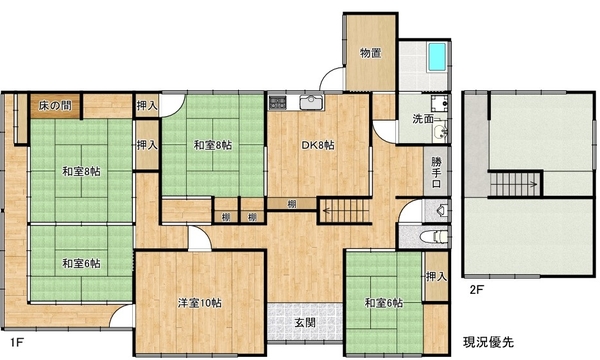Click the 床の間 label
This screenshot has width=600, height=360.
click(55, 106)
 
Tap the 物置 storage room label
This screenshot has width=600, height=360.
click(370, 53)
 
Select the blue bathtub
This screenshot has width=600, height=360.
click(437, 57)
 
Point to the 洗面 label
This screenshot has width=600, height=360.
click(422, 119)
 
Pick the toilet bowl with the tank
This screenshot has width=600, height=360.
click(434, 236)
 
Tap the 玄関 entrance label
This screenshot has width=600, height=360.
click(305, 323)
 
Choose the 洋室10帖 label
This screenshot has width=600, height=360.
click(199, 303)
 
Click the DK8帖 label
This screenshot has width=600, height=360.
click(318, 145)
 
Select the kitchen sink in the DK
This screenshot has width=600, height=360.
click(312, 102)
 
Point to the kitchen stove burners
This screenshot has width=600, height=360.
click(277, 102)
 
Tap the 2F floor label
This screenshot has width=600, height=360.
click(476, 290)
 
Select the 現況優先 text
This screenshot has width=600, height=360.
click(488, 342)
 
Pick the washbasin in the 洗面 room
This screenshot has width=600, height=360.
click(440, 132)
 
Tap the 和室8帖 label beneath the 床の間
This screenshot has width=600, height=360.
click(82, 172)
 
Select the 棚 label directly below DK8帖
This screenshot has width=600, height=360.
click(292, 204)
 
